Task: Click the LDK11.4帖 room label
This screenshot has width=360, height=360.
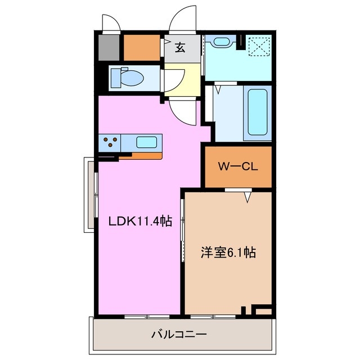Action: [140, 222]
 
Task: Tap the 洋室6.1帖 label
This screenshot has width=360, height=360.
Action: [228, 253]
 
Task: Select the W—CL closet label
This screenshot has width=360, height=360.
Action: [237, 166]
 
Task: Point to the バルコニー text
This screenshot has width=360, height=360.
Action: [178, 335]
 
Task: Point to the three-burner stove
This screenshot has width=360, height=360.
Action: [111, 142]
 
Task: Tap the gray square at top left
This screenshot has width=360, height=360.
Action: [108, 48]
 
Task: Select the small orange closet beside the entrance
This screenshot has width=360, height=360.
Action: [142, 48]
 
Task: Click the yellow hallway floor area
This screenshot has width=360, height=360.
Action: [186, 78]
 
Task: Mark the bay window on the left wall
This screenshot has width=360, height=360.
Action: [90, 194]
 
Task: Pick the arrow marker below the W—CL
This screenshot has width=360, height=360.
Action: [247, 196]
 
